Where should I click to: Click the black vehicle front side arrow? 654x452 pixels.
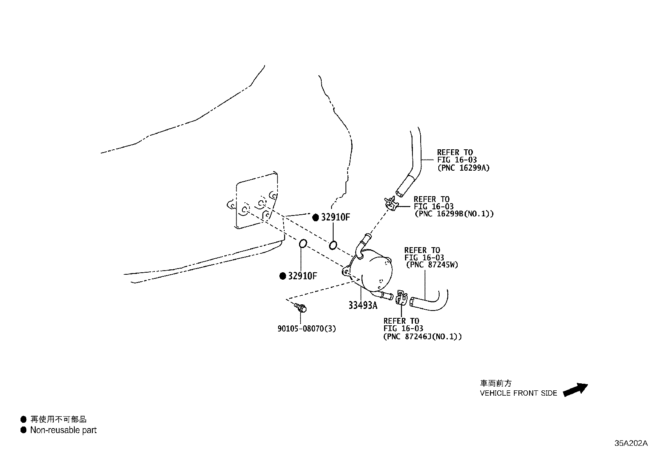575,389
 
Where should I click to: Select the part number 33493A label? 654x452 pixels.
363,305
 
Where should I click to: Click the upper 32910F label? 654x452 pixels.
335,218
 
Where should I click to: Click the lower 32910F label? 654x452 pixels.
302,276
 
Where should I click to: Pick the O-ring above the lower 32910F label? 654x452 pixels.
302,243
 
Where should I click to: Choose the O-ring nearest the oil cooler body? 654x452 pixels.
333,246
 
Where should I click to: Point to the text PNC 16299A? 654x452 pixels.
463,168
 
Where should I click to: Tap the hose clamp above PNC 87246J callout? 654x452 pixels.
401,297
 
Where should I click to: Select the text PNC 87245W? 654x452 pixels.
432,265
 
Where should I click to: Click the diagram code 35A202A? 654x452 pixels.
631,443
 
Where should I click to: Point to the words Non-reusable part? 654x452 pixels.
63,430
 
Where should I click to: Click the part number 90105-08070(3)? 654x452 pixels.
306,329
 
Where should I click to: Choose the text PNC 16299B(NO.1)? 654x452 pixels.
454,214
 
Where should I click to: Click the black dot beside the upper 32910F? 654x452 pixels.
315,218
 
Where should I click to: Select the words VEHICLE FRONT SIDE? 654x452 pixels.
518,393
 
